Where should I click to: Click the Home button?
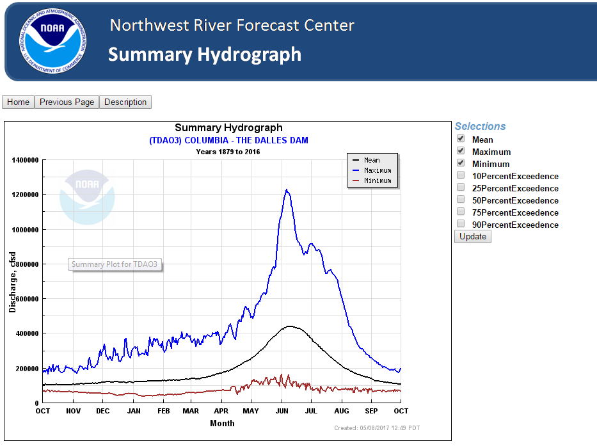point(18,102)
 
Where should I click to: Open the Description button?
point(125,102)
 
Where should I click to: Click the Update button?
point(473,237)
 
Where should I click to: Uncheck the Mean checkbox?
point(461,139)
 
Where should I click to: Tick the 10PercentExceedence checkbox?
point(461,175)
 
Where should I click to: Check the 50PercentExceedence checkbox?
point(461,200)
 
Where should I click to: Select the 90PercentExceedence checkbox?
point(461,224)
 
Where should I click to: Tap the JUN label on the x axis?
point(282,411)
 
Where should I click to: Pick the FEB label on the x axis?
point(163,411)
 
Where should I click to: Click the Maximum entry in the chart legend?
point(378,170)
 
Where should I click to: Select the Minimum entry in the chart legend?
point(378,180)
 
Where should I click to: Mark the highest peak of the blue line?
point(287,189)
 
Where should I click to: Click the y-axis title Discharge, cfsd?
point(12,282)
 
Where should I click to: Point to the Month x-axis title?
point(222,423)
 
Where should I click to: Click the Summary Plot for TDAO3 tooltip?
point(115,264)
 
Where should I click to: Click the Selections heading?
point(480,127)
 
